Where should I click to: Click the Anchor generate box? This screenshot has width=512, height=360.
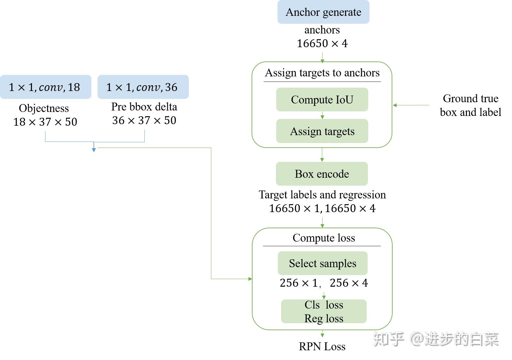tap(323, 12)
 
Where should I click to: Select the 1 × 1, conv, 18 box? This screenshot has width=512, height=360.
tap(45, 87)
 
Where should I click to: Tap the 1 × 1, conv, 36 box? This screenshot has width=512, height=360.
tap(143, 87)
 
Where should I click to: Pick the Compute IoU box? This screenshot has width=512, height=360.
tap(322, 100)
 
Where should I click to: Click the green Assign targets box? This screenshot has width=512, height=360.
tap(322, 131)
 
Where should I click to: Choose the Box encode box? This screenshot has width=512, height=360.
tap(322, 174)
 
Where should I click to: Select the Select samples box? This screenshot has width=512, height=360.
tap(322, 263)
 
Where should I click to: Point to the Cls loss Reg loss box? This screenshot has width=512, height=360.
tap(323, 311)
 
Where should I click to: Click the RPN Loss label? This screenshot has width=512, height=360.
tap(322, 346)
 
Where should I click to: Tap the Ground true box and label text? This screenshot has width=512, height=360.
tap(470, 105)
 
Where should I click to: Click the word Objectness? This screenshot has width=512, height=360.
tap(44, 108)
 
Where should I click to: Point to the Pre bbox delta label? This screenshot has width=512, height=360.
tap(144, 107)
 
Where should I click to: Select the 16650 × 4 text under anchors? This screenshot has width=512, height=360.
tap(322, 44)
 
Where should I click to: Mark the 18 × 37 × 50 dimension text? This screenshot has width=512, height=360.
tap(45, 122)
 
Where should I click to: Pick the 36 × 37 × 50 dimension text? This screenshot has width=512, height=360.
tap(144, 120)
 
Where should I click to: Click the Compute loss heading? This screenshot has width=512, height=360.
tap(323, 238)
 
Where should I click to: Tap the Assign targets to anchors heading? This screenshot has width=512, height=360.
tap(322, 73)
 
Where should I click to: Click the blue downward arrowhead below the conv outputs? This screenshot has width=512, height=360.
tap(94, 150)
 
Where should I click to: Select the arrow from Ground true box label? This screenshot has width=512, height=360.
tap(411, 105)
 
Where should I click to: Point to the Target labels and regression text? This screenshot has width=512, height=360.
tap(322, 194)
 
